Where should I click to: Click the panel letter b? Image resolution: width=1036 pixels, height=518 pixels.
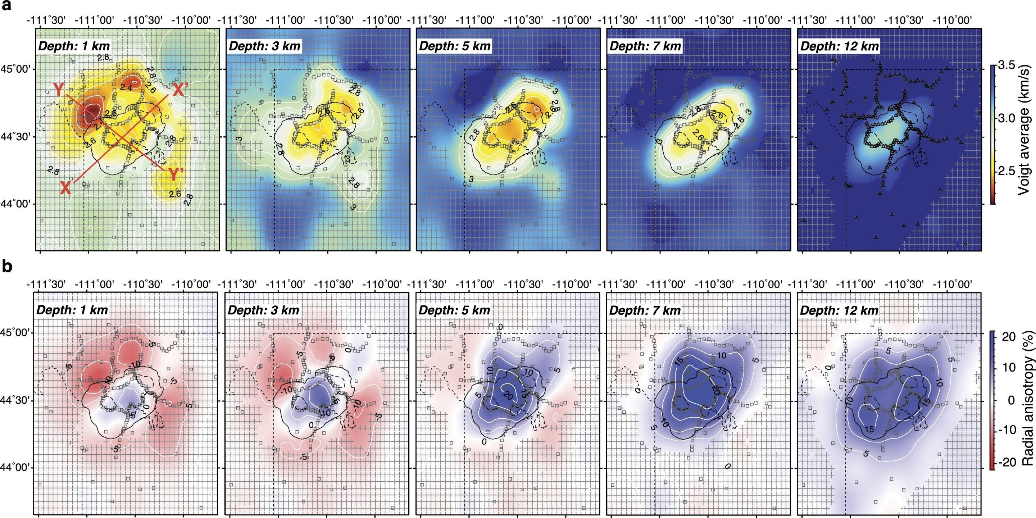(x=7, y=267)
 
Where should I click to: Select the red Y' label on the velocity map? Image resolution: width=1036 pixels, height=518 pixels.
(x=176, y=174)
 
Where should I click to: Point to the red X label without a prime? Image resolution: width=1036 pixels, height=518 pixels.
(x=65, y=188)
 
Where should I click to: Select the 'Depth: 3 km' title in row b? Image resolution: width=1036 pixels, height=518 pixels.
(x=263, y=310)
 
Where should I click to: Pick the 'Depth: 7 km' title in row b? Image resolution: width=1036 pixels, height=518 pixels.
(x=645, y=310)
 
